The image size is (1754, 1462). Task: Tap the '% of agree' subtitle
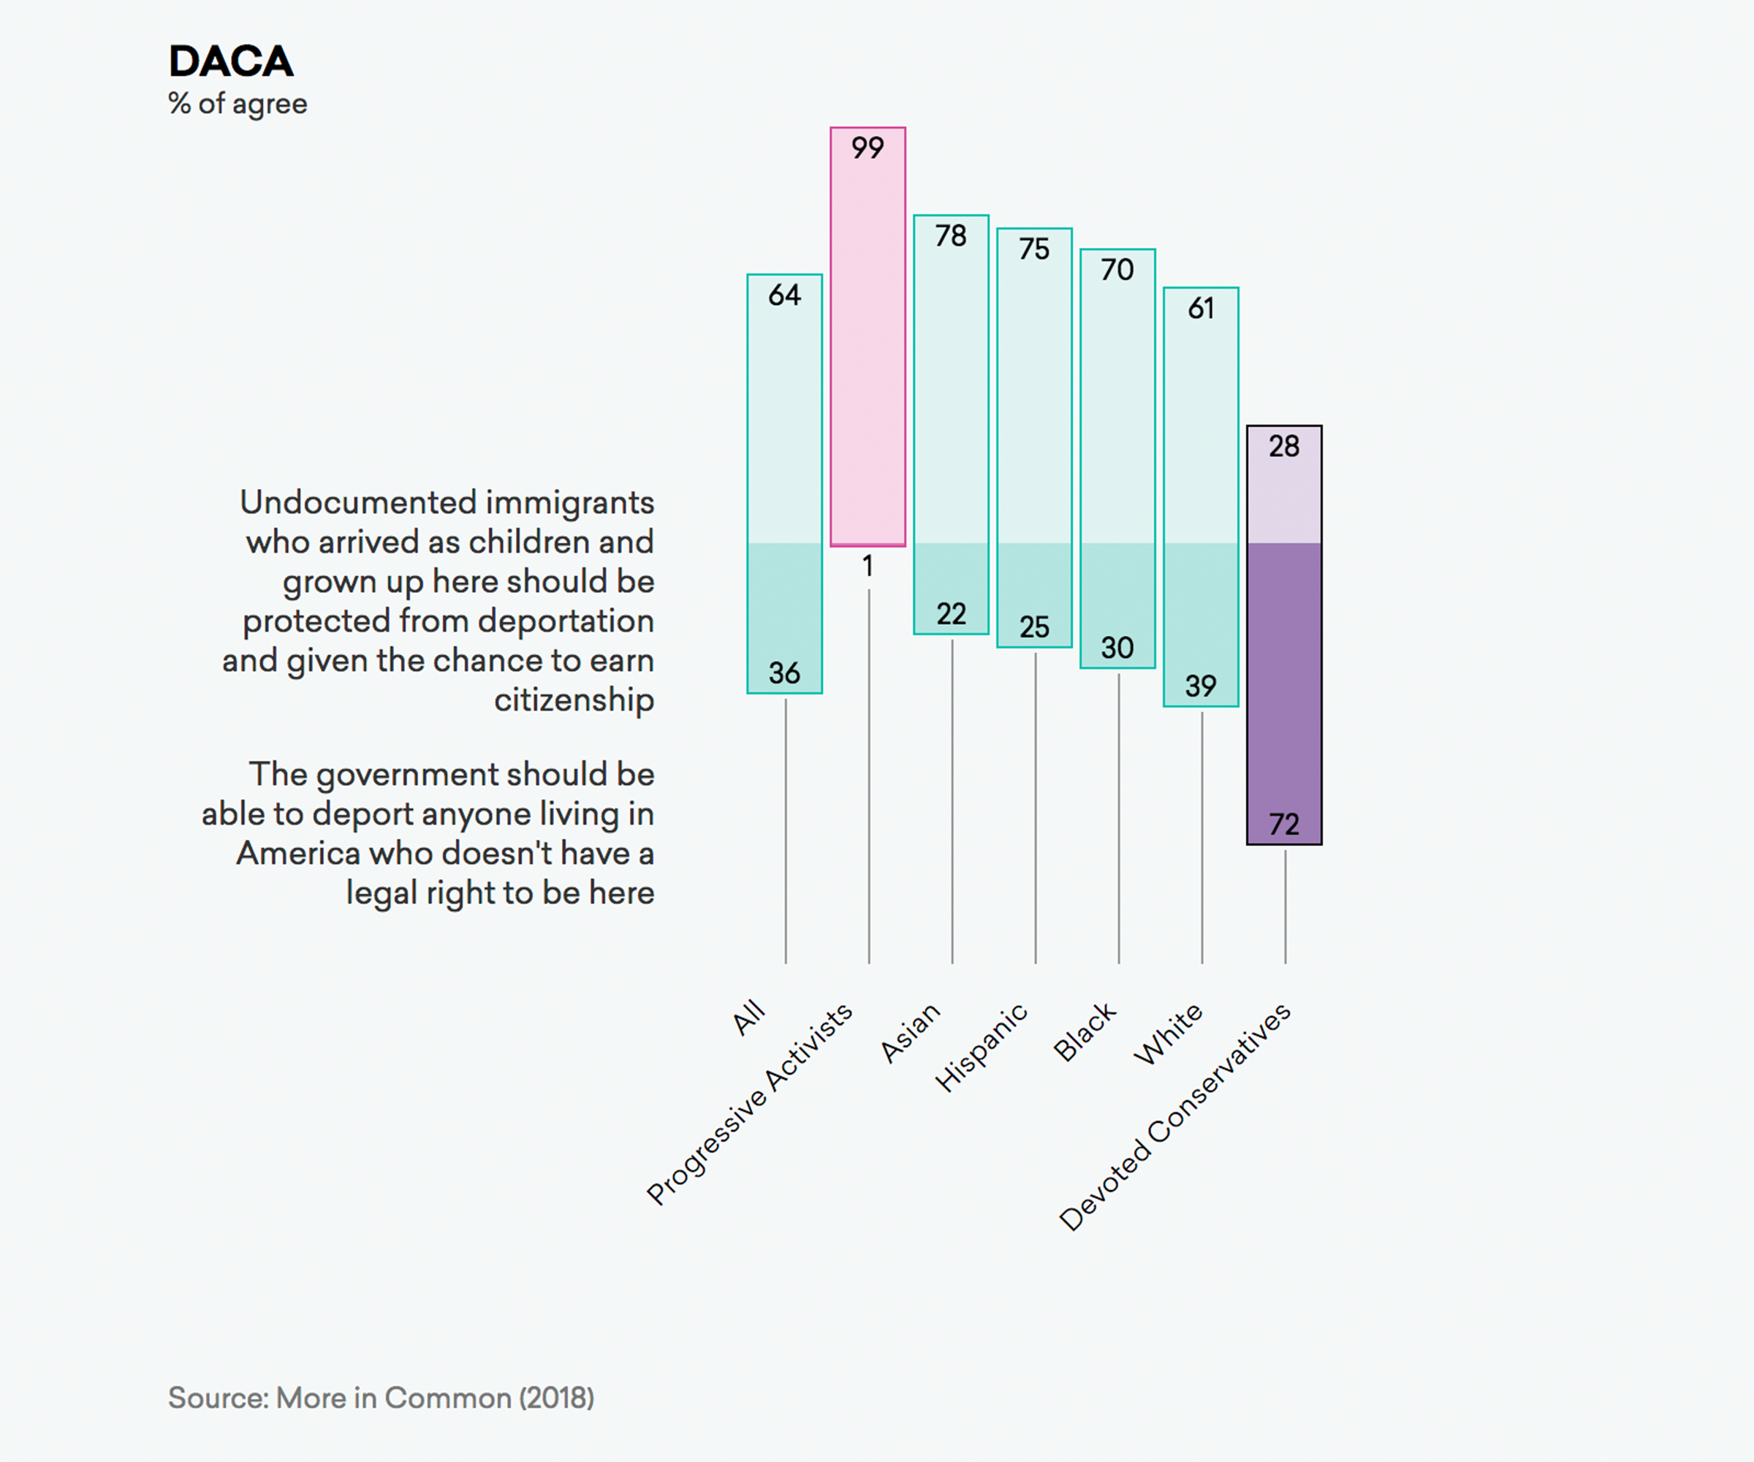238,105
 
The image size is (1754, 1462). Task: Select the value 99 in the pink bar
867,148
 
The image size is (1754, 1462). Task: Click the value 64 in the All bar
784,295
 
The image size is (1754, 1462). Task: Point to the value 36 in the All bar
784,673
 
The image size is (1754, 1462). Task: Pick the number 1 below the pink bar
867,567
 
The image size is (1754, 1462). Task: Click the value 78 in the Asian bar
951,236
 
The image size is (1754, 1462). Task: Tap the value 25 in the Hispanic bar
1034,627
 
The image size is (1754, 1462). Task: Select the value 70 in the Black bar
1117,270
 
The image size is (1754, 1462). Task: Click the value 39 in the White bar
1200,686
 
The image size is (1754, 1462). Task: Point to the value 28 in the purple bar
1284,447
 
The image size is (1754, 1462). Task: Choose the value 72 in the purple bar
1284,825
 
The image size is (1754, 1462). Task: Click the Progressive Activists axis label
749,1104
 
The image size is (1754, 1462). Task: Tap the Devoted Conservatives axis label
1175,1117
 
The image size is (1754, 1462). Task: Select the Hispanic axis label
981,1048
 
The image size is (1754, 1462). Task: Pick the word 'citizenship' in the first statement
574,700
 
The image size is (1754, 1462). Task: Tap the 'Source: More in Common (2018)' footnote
381,1398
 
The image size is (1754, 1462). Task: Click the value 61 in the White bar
1200,309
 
